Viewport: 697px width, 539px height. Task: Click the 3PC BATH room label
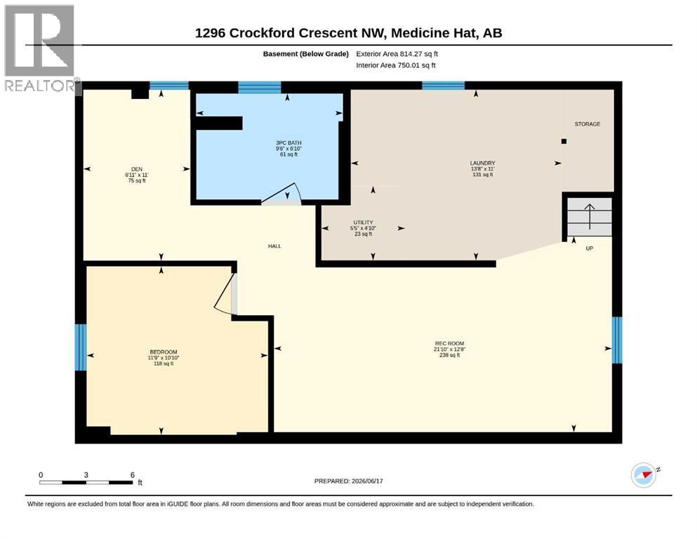[x=288, y=143]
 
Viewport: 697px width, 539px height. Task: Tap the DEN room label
[x=136, y=169]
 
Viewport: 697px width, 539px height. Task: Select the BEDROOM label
[x=163, y=352]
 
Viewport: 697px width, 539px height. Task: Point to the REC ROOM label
[x=449, y=343]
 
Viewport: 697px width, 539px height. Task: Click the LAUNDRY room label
[x=482, y=163]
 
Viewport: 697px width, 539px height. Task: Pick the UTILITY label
[x=363, y=222]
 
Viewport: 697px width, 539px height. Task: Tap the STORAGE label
[x=588, y=124]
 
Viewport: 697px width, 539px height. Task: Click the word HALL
[x=274, y=246]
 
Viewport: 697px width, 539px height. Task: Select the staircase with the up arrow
[x=590, y=218]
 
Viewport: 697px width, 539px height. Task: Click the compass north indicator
[x=644, y=474]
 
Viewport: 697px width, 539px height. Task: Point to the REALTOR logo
[x=39, y=48]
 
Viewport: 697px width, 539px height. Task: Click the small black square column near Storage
[x=564, y=141]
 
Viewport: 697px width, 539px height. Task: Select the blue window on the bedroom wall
[x=81, y=347]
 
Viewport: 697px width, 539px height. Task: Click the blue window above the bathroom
[x=260, y=87]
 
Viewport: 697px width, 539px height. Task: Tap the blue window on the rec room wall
[x=616, y=340]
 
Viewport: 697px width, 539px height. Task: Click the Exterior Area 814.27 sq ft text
[x=397, y=54]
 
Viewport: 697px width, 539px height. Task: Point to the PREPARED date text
[x=348, y=481]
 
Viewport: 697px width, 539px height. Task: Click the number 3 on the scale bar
[x=86, y=475]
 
